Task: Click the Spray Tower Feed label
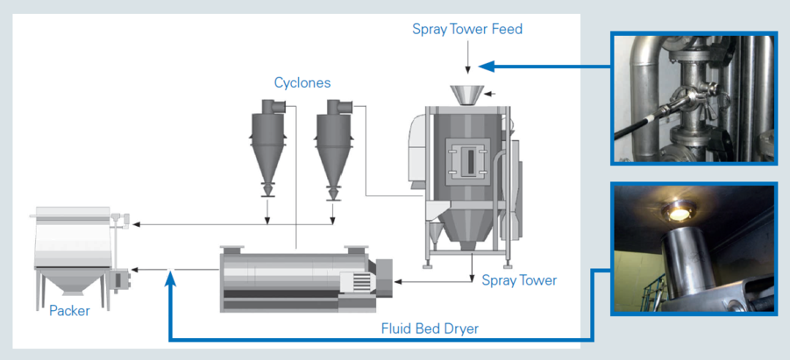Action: [467, 29]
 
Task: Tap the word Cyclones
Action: [302, 82]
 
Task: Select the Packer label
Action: [69, 311]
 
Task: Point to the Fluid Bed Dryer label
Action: [430, 329]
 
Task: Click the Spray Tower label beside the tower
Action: [519, 280]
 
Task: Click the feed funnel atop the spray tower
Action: [467, 96]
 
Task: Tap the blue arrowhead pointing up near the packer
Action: [170, 277]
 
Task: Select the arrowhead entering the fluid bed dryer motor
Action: [397, 281]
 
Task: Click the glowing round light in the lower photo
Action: [677, 213]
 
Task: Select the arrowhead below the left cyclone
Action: [268, 220]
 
